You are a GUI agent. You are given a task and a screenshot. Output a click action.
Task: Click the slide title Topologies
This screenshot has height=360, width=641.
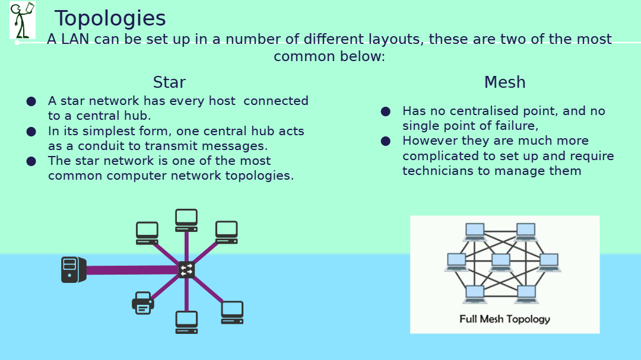pos(110,19)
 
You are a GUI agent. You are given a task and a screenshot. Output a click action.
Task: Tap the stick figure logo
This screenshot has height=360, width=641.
pos(23,20)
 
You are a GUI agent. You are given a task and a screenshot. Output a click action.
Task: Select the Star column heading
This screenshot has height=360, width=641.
pos(169,82)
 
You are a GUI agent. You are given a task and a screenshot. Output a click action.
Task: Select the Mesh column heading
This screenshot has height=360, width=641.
pos(505,82)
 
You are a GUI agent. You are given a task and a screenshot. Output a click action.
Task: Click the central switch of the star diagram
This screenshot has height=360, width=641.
pos(186,270)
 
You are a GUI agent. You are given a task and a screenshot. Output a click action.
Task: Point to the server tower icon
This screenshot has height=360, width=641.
pos(74,270)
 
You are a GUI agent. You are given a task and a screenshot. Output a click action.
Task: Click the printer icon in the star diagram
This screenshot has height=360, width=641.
pos(142,303)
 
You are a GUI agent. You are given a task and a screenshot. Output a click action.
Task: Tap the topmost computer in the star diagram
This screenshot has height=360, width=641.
pos(186,220)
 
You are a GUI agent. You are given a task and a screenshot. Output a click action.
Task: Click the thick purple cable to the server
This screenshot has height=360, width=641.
pos(132,270)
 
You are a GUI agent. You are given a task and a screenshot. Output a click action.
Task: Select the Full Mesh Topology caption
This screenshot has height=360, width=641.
pos(505,318)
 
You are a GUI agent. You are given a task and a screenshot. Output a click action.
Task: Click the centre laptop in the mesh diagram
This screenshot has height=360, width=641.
pos(501,262)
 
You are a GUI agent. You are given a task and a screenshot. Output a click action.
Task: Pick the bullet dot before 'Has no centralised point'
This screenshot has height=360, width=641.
pos(386,111)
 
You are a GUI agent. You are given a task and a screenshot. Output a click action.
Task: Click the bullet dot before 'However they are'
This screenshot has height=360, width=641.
pos(386,141)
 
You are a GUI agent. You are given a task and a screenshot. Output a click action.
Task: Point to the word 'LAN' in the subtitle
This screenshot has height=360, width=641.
pos(75,39)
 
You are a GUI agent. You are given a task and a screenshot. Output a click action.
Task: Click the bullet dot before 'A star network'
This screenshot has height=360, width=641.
pos(31,101)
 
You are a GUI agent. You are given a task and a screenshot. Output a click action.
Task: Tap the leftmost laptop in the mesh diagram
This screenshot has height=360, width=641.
pos(456,262)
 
